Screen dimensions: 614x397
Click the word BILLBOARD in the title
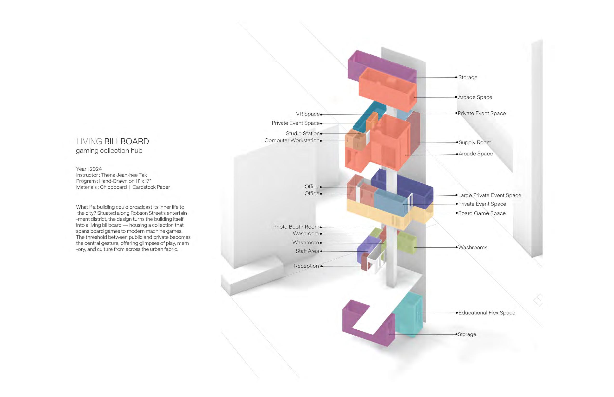126,141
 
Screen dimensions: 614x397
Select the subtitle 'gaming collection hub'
109,151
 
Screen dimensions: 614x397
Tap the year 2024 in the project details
96,169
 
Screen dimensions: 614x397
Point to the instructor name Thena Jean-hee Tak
124,175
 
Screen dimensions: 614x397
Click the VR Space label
308,114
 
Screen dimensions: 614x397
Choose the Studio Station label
303,133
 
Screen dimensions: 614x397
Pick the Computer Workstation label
292,141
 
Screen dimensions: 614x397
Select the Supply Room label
475,142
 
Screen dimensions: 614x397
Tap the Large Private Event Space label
489,195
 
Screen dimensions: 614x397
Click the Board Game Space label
482,213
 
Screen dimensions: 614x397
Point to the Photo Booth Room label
296,227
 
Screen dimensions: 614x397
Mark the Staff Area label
307,251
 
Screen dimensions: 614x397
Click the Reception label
306,266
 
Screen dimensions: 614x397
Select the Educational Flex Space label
487,313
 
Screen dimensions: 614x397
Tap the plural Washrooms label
473,248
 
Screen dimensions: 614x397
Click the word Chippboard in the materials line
113,187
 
